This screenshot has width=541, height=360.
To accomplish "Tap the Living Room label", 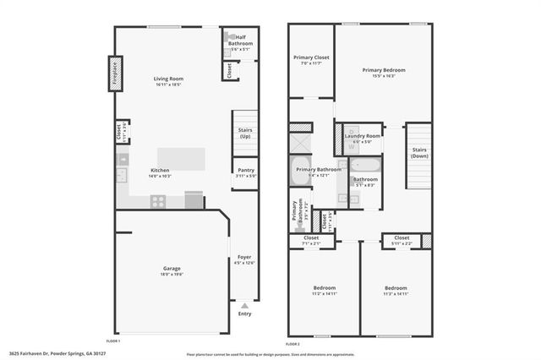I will (x=168, y=79).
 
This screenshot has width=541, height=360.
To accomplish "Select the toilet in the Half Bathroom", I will (x=228, y=37).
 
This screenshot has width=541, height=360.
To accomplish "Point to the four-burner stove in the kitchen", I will (x=158, y=201).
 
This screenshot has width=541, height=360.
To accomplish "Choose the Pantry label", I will (x=245, y=170).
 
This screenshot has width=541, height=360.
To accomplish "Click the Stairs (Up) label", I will (x=245, y=132).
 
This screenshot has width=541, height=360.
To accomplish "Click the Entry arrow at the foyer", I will (x=244, y=305).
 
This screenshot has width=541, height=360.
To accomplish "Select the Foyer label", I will (x=244, y=257).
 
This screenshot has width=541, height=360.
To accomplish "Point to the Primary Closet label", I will (x=311, y=57).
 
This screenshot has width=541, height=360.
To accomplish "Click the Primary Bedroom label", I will (x=384, y=70).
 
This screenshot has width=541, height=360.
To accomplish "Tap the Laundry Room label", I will (x=361, y=135).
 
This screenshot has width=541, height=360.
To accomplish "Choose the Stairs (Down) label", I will (x=418, y=153).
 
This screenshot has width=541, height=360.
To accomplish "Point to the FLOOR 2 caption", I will (x=292, y=343).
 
